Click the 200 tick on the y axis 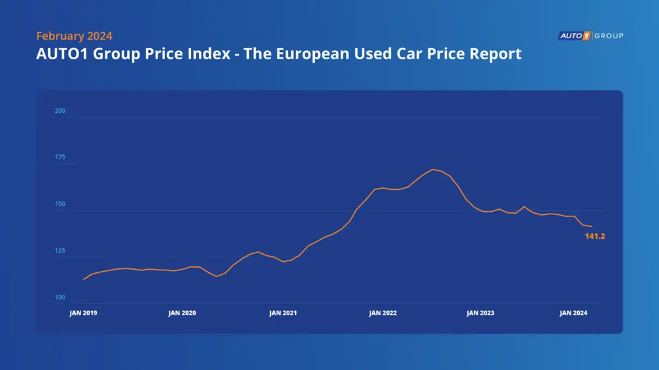pos(60,111)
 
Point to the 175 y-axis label pos(60,158)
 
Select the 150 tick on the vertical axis pos(60,204)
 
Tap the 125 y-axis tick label pos(60,251)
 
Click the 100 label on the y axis pos(60,298)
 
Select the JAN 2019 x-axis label pos(83,313)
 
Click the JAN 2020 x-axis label pos(183,313)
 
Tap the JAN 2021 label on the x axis pos(283,313)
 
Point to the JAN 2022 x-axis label pos(382,313)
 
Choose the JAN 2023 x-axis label pos(480,313)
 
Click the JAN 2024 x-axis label pos(573,313)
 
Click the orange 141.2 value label pos(594,236)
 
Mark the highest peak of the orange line pos(433,170)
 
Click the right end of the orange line pos(591,226)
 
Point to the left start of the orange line pos(84,280)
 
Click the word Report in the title pos(494,53)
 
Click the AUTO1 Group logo pos(590,36)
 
